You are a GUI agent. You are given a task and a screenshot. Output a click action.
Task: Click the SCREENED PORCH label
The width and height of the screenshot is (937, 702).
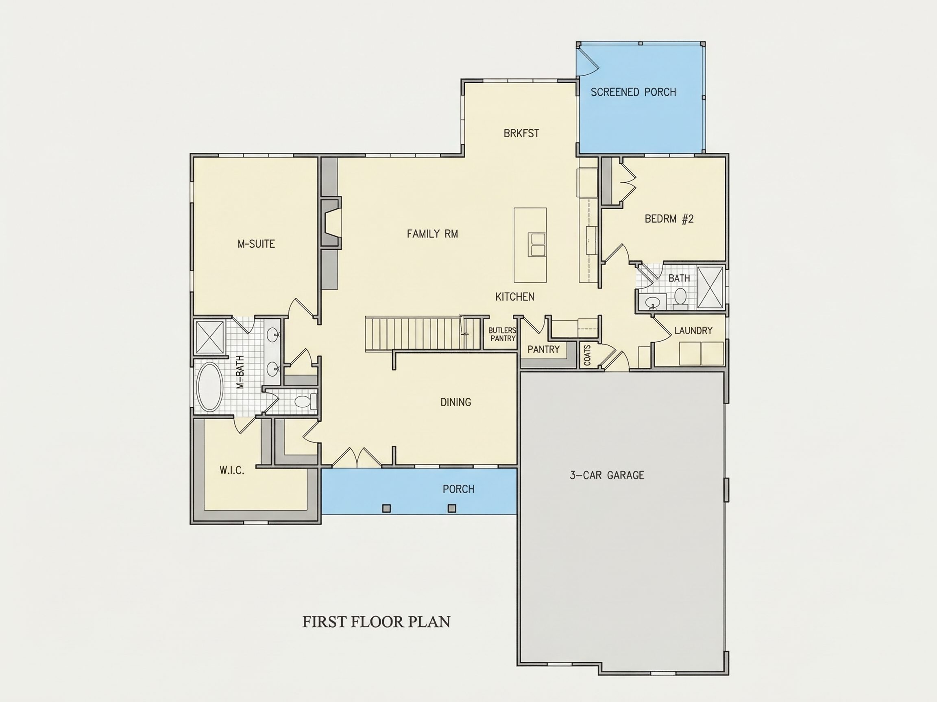point(633,92)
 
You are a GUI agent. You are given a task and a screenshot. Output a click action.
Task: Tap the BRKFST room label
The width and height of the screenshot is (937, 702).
point(521,133)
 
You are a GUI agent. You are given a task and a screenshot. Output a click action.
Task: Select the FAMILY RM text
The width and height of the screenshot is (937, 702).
point(432,234)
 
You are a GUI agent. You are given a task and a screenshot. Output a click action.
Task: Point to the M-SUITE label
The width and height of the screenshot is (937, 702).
point(256,244)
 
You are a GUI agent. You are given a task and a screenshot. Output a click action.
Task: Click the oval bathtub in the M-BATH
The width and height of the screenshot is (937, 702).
point(210,387)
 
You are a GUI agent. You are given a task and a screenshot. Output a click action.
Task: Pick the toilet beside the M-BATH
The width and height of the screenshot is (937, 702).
point(306,401)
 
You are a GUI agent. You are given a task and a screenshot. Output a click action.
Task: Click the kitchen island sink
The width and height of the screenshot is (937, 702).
point(537,244)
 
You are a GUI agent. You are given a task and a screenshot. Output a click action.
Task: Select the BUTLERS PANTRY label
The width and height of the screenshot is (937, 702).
point(502,334)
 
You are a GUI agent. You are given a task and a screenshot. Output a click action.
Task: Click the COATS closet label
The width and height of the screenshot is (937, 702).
point(587,355)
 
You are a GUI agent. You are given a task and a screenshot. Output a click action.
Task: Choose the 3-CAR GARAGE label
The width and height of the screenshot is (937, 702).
point(607,475)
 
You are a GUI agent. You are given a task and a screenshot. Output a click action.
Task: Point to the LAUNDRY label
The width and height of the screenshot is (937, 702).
point(693,330)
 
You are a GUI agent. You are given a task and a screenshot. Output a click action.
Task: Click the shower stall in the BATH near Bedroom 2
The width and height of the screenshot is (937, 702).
point(710,287)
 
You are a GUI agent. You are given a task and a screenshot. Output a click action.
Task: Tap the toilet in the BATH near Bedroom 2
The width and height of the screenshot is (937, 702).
point(680,297)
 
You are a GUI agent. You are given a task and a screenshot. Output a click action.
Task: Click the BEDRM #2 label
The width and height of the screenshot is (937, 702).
point(669,219)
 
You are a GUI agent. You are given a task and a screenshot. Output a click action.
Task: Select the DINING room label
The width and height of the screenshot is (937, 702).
point(456,402)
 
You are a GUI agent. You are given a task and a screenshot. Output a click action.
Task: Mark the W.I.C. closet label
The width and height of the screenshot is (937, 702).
point(232,470)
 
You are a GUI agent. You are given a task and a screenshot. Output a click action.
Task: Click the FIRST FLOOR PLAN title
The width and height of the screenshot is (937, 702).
point(376,622)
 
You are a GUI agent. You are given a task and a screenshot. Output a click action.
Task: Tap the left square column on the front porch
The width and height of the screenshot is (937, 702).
point(386,508)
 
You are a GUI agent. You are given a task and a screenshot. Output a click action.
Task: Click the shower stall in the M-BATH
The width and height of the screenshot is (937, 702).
point(210,337)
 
